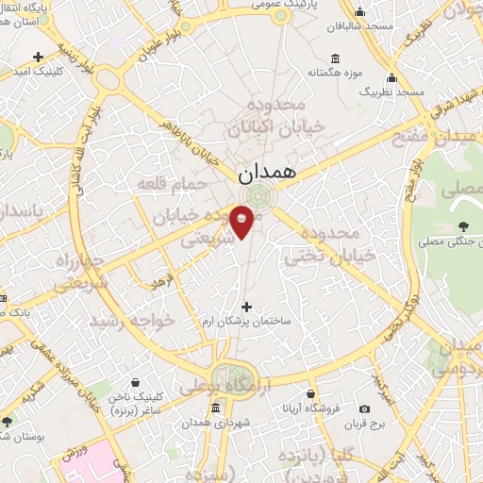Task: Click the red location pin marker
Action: point(242,221)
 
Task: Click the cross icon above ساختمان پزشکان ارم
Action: point(248,307)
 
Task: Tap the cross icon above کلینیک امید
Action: point(37,57)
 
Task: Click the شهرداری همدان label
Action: point(216,425)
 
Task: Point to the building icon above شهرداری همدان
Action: point(216,408)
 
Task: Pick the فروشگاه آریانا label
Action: point(308,408)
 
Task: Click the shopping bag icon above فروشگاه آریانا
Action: point(308,392)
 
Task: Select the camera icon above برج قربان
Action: point(364,408)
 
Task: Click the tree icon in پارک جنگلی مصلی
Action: point(462,225)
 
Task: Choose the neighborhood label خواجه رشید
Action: point(132,321)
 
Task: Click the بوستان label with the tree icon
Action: point(13,435)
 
